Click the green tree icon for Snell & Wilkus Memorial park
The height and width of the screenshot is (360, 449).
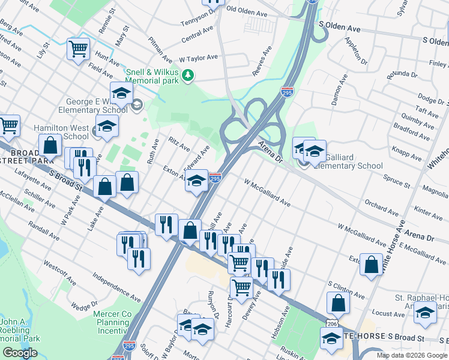(x=188, y=75)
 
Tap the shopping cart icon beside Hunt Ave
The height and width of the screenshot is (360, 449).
(x=79, y=49)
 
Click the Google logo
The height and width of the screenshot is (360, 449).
(x=20, y=353)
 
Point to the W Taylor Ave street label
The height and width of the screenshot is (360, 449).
(x=198, y=58)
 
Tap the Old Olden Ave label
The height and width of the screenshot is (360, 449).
(x=247, y=11)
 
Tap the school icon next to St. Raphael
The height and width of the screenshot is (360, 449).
(x=425, y=313)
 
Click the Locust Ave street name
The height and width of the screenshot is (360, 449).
(x=388, y=313)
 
